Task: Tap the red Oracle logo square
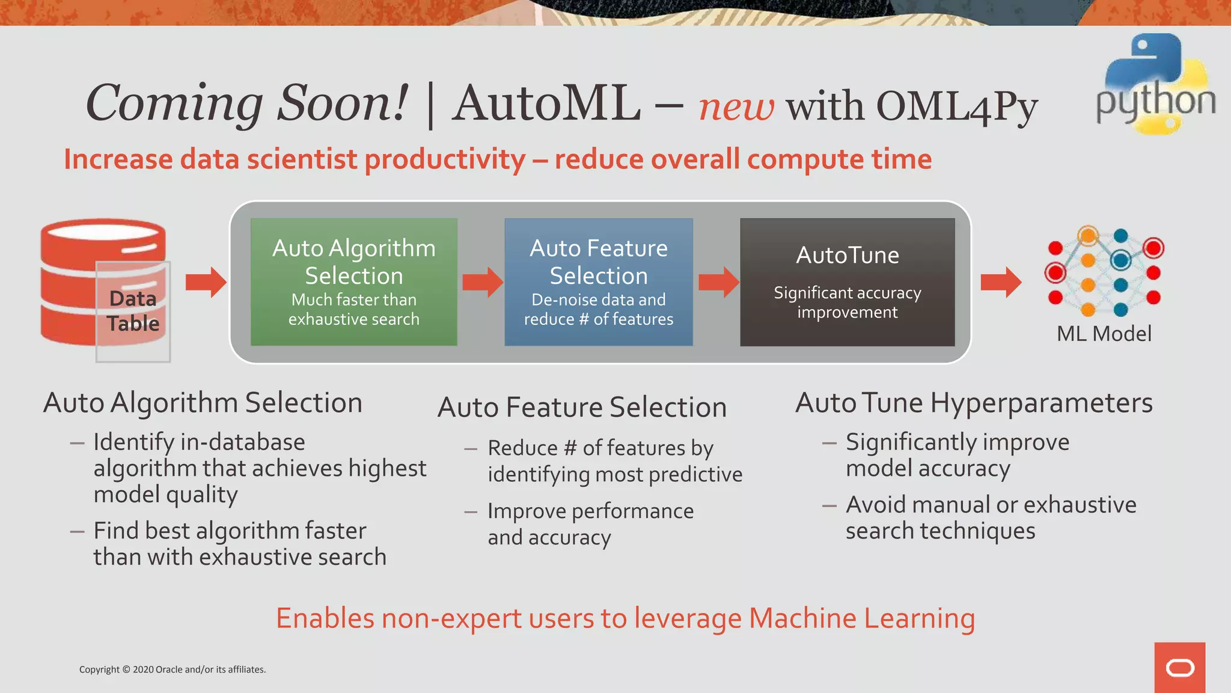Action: click(x=1179, y=667)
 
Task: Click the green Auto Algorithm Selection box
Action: click(x=353, y=282)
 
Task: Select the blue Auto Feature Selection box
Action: click(x=598, y=282)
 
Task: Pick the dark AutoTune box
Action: click(x=847, y=282)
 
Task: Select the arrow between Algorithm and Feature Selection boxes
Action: click(x=483, y=282)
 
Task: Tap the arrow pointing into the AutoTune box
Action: click(x=719, y=282)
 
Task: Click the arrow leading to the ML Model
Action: click(x=1001, y=282)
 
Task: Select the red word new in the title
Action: click(x=736, y=107)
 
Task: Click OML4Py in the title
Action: click(x=957, y=107)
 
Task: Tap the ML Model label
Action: click(x=1104, y=334)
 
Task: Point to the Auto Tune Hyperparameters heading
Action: click(x=974, y=403)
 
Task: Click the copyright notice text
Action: click(x=173, y=670)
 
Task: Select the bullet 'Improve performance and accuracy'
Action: click(x=590, y=524)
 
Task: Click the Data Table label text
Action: click(x=133, y=311)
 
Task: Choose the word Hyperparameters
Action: click(x=1042, y=403)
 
